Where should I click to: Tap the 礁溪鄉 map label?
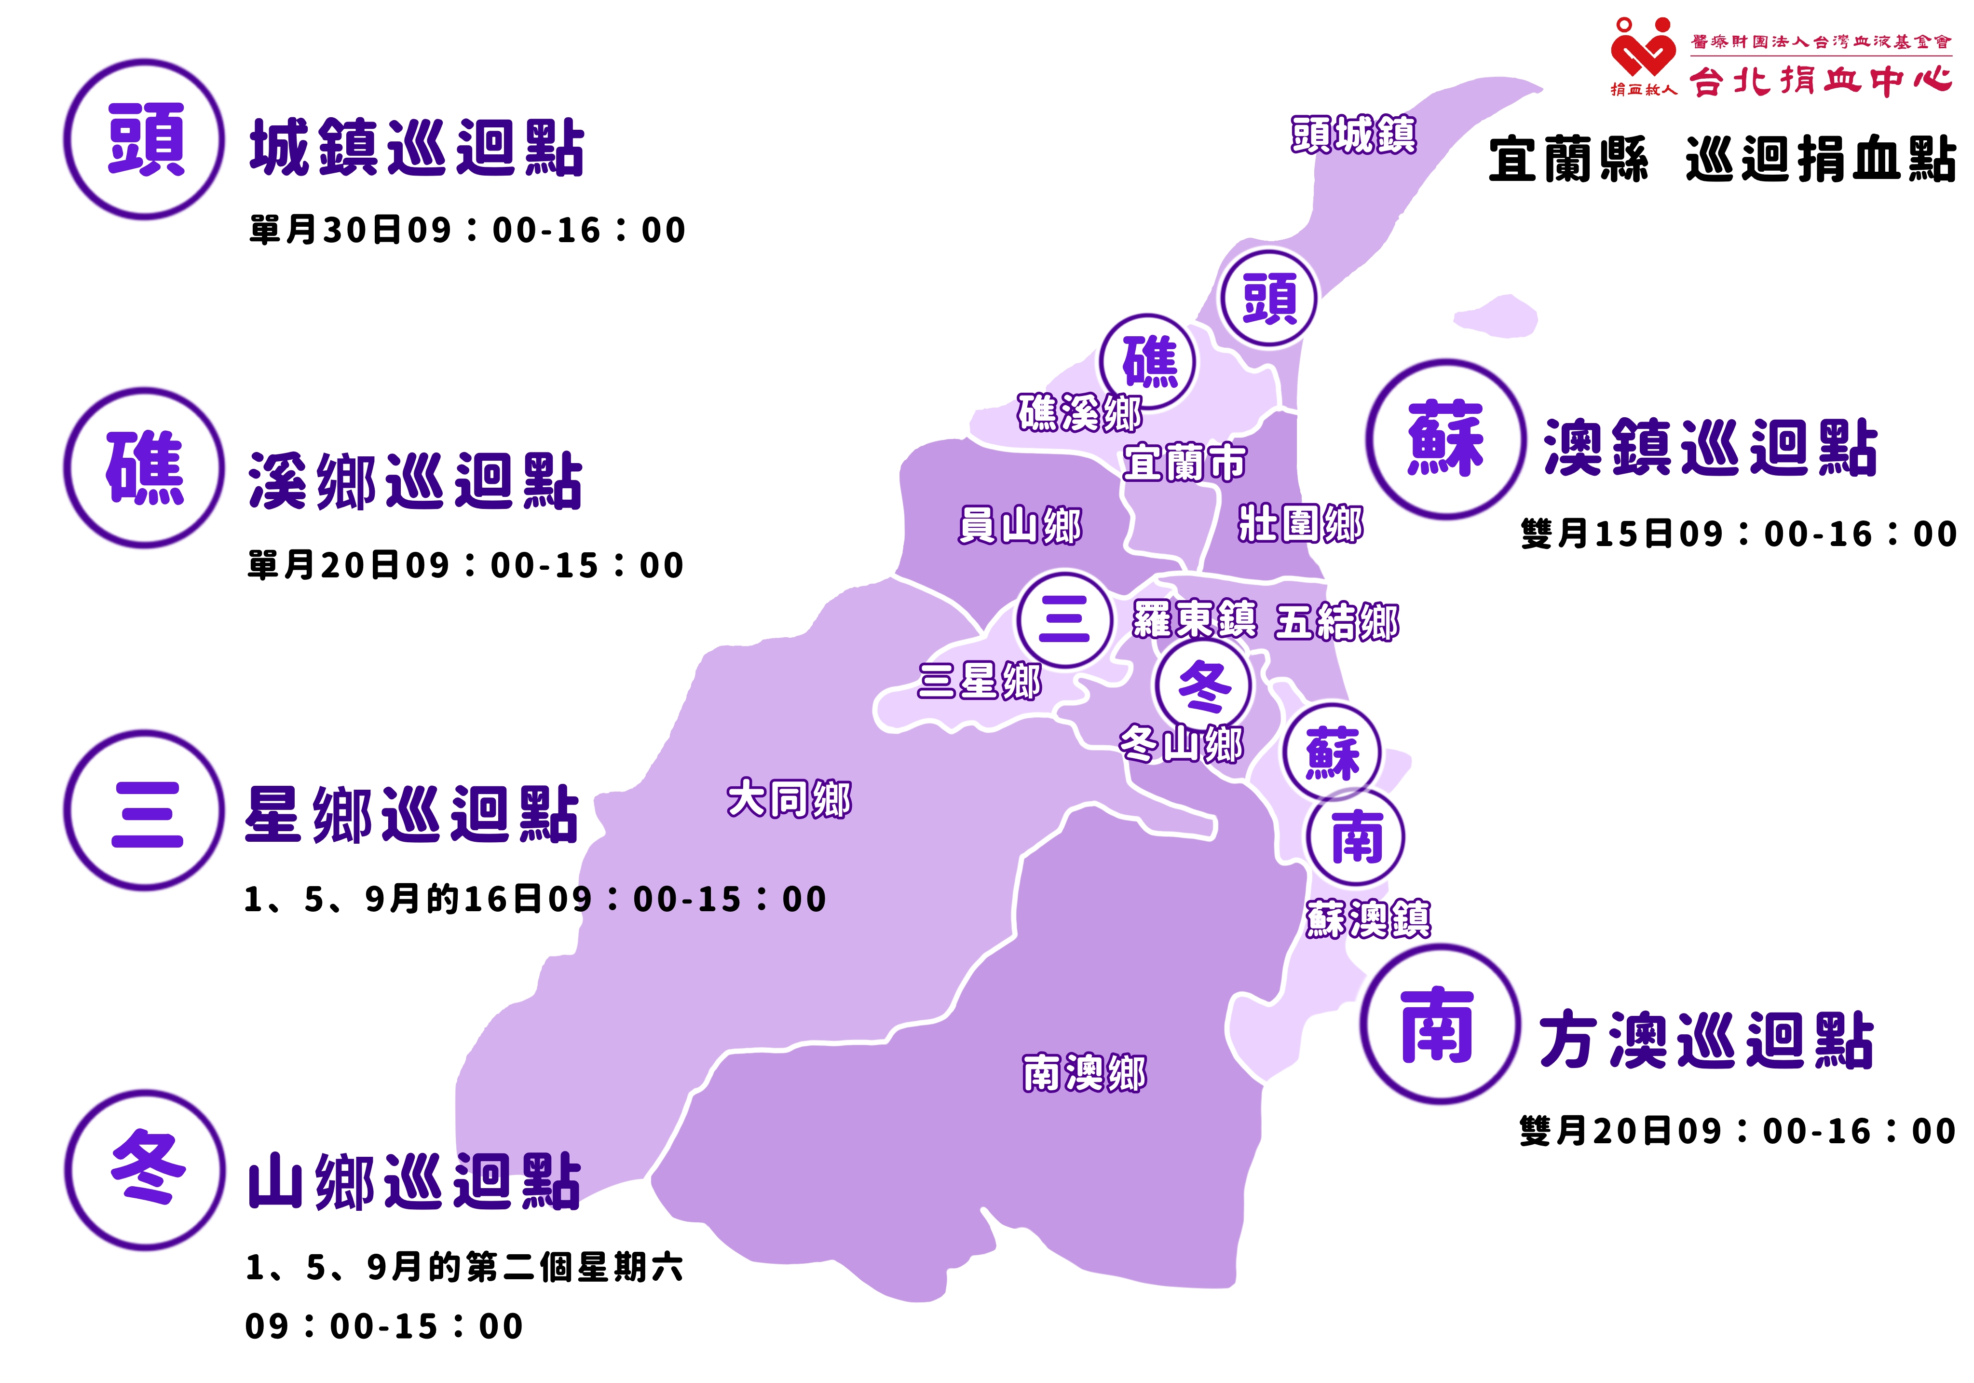pos(1080,413)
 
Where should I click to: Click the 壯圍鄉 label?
pos(1300,523)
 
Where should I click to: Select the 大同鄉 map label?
pos(789,799)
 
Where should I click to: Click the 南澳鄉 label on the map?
pos(1084,1072)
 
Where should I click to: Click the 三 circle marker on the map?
pos(1064,619)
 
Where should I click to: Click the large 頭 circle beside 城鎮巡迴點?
pos(144,139)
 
